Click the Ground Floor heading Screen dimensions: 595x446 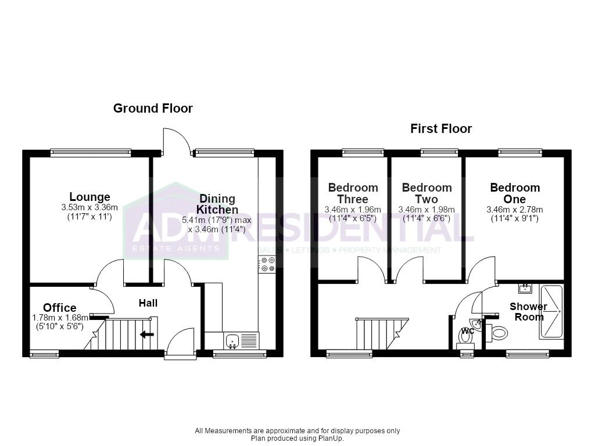(153, 109)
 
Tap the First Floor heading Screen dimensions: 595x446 (441, 128)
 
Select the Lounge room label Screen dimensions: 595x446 (90, 197)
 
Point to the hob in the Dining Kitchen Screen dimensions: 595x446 (267, 264)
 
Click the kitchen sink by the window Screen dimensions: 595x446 (232, 340)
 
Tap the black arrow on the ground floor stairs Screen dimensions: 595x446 (147, 334)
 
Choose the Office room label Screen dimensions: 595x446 (60, 308)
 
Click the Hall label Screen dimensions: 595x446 (148, 303)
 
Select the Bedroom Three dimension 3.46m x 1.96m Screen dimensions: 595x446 (353, 210)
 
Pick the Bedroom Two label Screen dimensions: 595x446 (427, 193)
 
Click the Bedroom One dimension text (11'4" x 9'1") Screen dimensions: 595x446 (515, 218)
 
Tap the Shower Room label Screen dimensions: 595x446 (529, 312)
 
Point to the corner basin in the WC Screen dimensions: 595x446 (476, 324)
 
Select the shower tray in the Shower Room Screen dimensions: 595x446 (551, 312)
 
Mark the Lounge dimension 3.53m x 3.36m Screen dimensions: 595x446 (89, 207)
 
